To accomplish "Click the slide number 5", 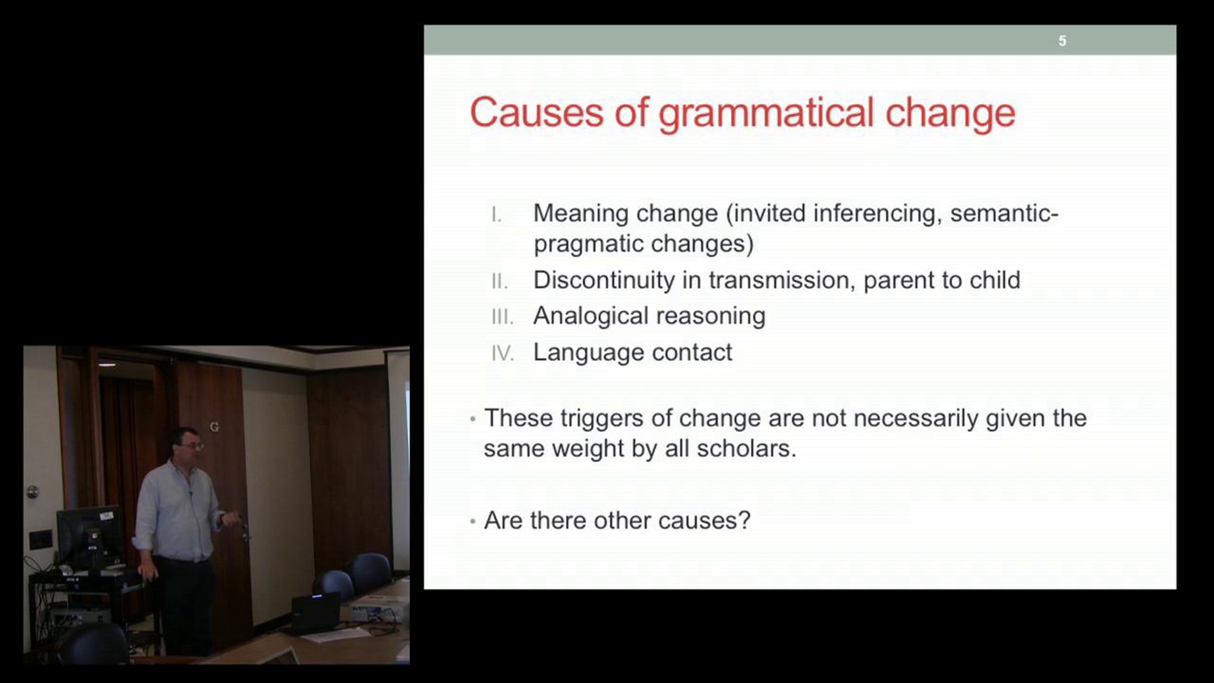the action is pos(1062,40).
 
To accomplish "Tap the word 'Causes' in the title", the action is pos(537,112).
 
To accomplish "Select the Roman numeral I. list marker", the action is pos(496,216).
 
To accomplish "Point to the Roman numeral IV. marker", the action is pos(502,354).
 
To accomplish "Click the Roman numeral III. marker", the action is pos(502,317).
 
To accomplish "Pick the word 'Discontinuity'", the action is pos(604,280).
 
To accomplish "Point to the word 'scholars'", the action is pos(746,449).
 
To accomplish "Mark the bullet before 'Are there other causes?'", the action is pos(473,521).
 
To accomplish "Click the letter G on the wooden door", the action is pos(214,427).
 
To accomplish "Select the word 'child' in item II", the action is pos(994,280).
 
